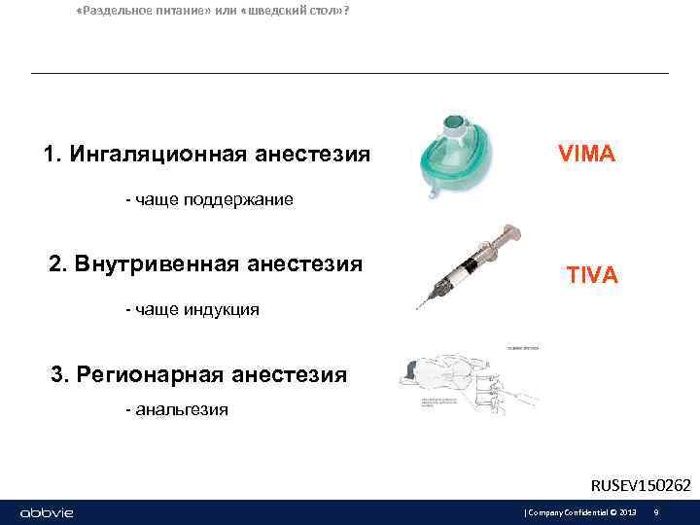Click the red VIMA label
(586, 154)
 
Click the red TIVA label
(592, 275)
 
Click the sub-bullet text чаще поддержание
(209, 200)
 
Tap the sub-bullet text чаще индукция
(192, 310)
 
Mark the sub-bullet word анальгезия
(176, 409)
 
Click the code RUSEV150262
(641, 485)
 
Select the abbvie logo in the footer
(47, 512)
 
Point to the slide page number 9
(657, 512)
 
